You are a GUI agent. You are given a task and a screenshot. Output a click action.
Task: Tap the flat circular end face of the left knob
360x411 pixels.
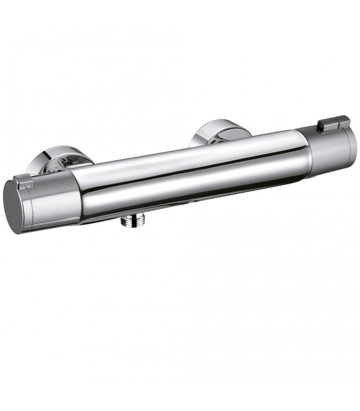coord(14,206)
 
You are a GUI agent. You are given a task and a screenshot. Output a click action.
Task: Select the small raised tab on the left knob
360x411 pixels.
coord(24,182)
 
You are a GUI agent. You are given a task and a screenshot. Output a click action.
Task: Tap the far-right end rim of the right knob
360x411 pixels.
coord(354,144)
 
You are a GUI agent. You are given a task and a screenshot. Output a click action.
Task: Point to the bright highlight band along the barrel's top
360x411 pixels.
coord(189,152)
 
